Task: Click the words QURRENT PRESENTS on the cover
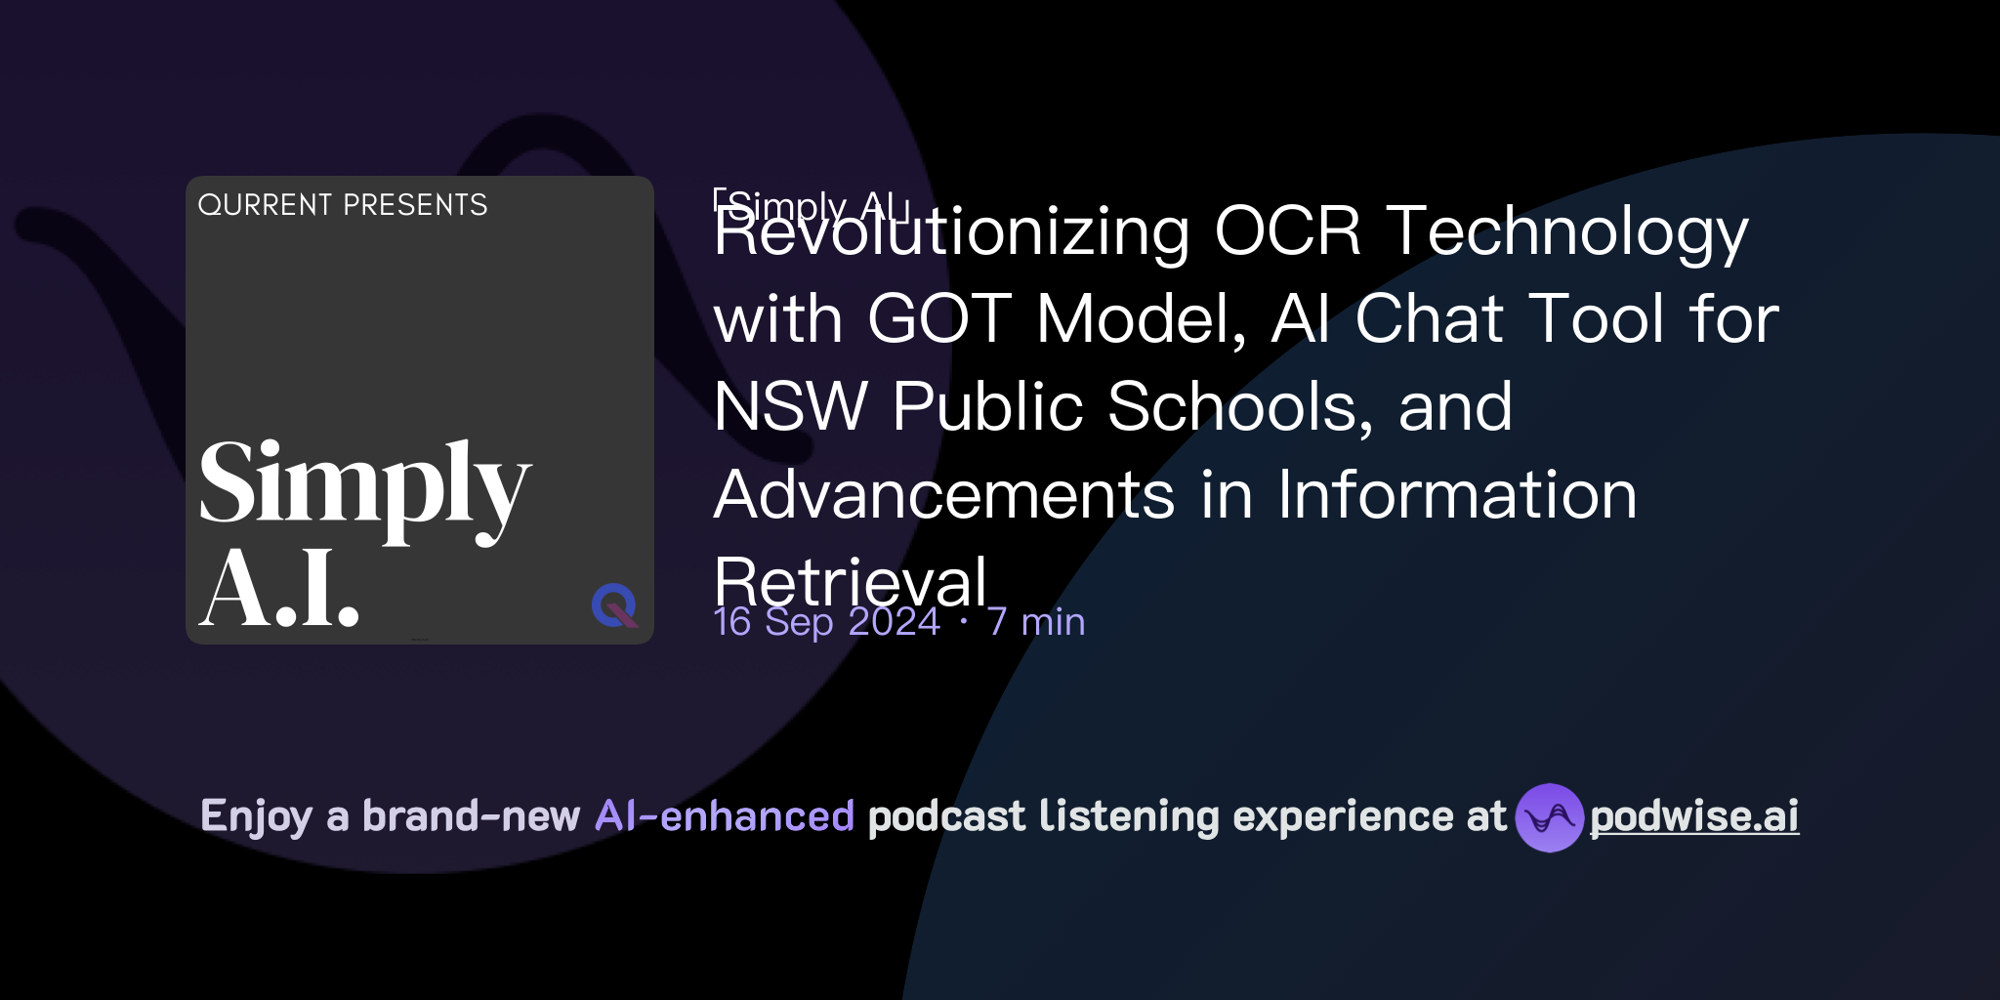pyautogui.click(x=342, y=205)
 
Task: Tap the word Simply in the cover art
pyautogui.click(x=363, y=485)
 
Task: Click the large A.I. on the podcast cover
pyautogui.click(x=279, y=589)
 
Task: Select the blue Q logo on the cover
pyautogui.click(x=614, y=605)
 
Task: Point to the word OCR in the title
pyautogui.click(x=1287, y=232)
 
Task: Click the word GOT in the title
pyautogui.click(x=938, y=319)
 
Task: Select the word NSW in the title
pyautogui.click(x=790, y=407)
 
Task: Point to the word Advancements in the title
pyautogui.click(x=944, y=495)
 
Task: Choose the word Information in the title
pyautogui.click(x=1457, y=495)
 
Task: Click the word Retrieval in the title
pyautogui.click(x=851, y=582)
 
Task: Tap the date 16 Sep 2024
pyautogui.click(x=826, y=622)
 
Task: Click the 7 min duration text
pyautogui.click(x=1036, y=622)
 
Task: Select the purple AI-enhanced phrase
pyautogui.click(x=725, y=816)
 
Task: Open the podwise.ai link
pyautogui.click(x=1694, y=816)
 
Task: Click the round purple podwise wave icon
pyautogui.click(x=1549, y=817)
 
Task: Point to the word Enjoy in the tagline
pyautogui.click(x=256, y=816)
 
